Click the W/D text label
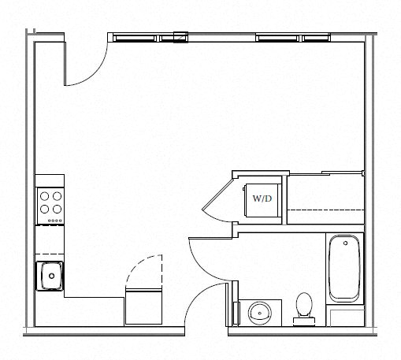coord(262,199)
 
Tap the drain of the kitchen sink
coord(52,276)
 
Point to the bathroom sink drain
coord(260,314)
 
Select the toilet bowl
coord(304,304)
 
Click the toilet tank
coord(304,321)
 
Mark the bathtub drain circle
coord(346,243)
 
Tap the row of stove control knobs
coord(55,221)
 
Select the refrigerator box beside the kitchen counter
coord(143,306)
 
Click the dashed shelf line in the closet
coord(325,210)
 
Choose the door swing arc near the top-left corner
coord(94,73)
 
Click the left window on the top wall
coord(148,39)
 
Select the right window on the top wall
coord(293,39)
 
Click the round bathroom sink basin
coord(260,314)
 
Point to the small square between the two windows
coord(180,37)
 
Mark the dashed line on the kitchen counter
coord(50,254)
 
